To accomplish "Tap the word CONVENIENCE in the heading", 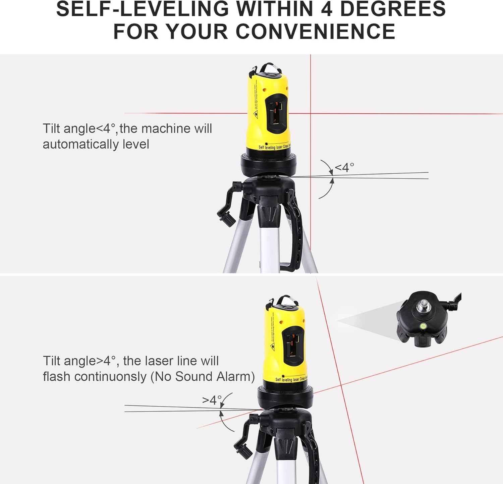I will click(x=316, y=32).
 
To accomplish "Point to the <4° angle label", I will click(x=344, y=167).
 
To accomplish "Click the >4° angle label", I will click(x=212, y=400).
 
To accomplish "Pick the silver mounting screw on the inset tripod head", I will click(x=421, y=306).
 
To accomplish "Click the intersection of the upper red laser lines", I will click(x=311, y=114).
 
